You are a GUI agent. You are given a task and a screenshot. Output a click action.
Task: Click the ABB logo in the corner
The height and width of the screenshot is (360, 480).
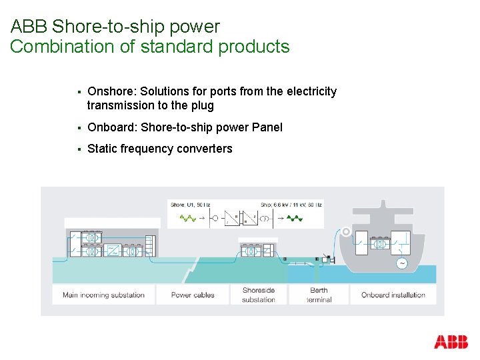coord(451,343)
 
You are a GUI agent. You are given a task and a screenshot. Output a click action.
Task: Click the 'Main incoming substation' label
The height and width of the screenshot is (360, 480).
coord(103,295)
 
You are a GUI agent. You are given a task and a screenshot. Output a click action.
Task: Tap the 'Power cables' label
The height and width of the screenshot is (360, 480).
coord(193,295)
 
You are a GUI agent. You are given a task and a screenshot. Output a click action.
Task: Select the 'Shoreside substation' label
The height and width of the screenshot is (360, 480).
coord(259,295)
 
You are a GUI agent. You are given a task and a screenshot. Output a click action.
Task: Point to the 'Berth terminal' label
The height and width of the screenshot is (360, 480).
coord(319,295)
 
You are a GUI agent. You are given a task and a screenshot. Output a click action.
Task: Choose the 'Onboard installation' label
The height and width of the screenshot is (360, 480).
coord(393,295)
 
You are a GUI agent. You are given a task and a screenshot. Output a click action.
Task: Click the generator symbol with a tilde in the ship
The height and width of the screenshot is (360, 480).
coord(402,264)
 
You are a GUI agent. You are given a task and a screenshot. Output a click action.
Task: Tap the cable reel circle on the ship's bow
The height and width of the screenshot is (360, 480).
coord(346,232)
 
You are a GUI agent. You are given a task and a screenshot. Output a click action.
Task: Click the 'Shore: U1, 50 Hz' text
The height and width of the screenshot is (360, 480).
coord(190,205)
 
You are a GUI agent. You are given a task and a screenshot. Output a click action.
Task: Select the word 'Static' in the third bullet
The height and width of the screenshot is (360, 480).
coord(102,149)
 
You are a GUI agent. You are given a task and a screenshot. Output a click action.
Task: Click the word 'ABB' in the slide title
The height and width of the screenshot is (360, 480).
coord(29,27)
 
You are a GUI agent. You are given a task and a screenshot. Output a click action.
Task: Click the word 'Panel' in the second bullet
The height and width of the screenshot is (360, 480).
coord(267,127)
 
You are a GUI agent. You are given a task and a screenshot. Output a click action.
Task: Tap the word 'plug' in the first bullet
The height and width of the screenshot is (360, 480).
coord(202,105)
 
